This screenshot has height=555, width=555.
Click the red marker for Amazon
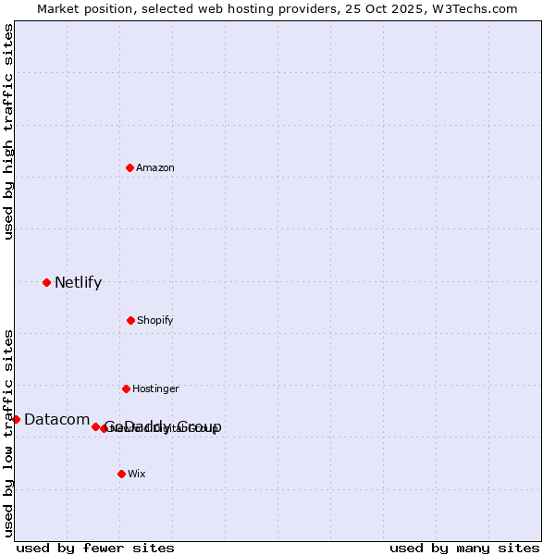[x=130, y=167]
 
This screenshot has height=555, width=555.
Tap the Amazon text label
[x=155, y=168]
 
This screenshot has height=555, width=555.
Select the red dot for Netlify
[x=46, y=282]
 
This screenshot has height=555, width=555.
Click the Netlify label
[x=78, y=283]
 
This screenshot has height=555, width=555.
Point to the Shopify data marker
[x=130, y=320]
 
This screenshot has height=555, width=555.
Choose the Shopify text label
[x=155, y=321]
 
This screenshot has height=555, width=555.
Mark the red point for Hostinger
[x=126, y=388]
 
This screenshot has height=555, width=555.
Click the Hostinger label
[x=155, y=389]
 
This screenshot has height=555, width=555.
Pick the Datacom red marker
[x=16, y=419]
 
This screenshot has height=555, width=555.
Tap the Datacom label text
[x=56, y=420]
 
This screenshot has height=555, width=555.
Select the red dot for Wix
[x=121, y=474]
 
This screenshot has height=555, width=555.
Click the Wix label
[x=137, y=475]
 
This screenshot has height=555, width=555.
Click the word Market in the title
[x=58, y=9]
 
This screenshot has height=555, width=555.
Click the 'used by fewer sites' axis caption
[x=95, y=548]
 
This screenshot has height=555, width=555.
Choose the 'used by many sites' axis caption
[x=464, y=548]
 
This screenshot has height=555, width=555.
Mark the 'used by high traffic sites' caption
[x=8, y=131]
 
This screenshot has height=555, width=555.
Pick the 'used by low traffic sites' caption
[x=8, y=433]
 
